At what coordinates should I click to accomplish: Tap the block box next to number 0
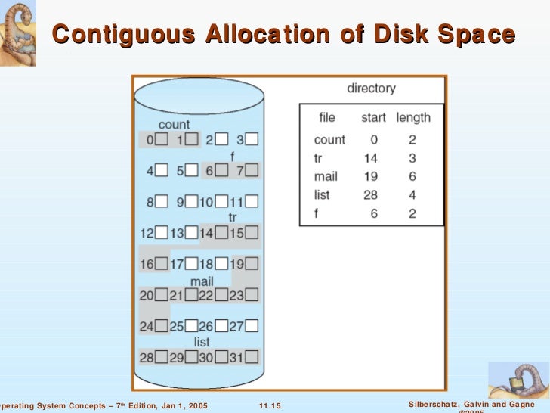tap(161, 139)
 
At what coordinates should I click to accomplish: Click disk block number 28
tap(161, 356)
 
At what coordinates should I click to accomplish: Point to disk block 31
tap(252, 356)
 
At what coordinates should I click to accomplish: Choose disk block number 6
tap(221, 171)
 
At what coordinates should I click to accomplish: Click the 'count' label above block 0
tap(174, 124)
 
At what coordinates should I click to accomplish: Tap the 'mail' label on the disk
tap(202, 281)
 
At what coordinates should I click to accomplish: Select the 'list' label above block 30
tap(202, 342)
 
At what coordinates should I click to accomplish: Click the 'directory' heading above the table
tap(371, 88)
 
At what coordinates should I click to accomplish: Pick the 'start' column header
tap(373, 117)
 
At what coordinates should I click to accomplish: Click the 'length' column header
tap(412, 117)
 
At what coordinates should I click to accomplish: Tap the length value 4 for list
tap(412, 195)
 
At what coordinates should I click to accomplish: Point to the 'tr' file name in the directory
tap(318, 158)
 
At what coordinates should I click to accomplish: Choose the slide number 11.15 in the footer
tap(270, 406)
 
